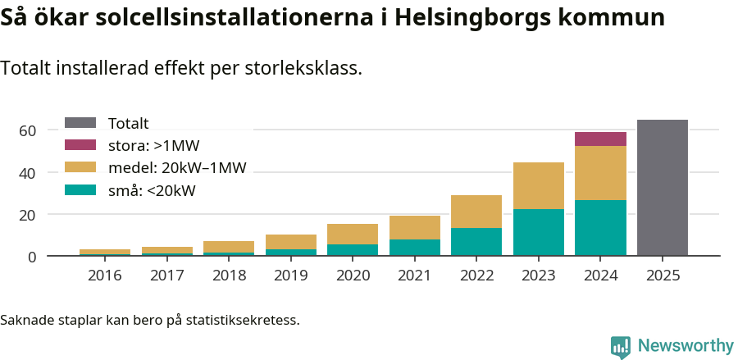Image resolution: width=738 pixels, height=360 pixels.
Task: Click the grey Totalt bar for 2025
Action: coord(663,188)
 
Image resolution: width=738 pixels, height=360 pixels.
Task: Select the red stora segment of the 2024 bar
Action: coord(600,139)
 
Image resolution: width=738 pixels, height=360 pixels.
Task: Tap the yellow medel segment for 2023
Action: coord(539,185)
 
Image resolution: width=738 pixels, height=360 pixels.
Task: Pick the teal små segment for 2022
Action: coord(476,242)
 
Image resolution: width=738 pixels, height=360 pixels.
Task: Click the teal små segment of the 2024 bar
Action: coord(600,228)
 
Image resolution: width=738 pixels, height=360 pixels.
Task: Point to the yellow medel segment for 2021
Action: coord(415,227)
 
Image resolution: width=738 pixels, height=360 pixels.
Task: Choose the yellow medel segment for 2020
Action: coord(353,234)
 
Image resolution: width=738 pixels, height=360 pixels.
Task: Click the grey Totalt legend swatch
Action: coord(80,123)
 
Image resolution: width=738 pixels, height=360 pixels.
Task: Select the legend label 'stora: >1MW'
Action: coord(153,146)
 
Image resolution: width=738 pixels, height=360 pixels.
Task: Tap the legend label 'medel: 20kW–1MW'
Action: coord(177,168)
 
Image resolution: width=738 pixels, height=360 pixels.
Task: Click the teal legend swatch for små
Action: coord(80,190)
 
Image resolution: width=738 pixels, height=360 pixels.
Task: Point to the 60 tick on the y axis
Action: coord(27,130)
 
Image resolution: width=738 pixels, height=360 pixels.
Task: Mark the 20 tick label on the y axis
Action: coord(27,215)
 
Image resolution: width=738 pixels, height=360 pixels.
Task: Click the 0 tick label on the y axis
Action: coord(32,257)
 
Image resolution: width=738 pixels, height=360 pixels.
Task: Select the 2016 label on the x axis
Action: coord(105,276)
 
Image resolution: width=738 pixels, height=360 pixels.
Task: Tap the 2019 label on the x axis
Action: coord(291,276)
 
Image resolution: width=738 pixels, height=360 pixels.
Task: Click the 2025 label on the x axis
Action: coord(663,276)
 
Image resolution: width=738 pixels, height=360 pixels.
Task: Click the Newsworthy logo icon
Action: coord(621,346)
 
